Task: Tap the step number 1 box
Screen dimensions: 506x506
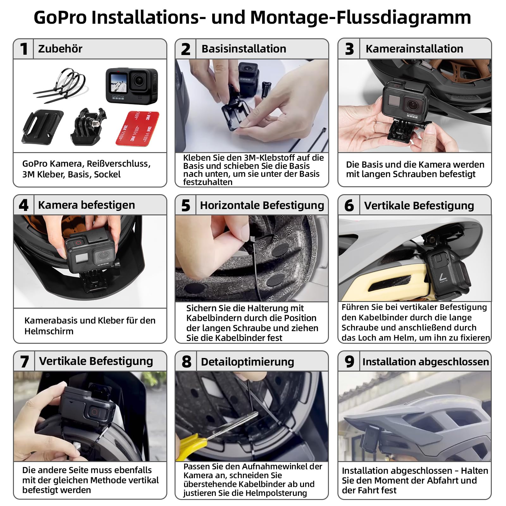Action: (23, 49)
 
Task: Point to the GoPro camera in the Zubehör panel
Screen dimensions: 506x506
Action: (132, 85)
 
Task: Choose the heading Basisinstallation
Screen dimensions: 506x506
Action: (244, 49)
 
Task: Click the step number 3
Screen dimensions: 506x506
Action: (349, 49)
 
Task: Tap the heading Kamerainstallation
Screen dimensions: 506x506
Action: (414, 49)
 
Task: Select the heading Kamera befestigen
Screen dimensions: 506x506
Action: (86, 205)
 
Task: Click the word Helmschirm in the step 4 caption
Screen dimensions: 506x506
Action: (49, 331)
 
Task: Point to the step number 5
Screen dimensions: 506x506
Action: (186, 205)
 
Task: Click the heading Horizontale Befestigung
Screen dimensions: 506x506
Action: (262, 205)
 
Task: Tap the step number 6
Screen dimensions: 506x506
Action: (349, 206)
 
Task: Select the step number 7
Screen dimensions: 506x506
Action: (24, 361)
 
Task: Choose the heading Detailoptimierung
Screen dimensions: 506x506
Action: (247, 361)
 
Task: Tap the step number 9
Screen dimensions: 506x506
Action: (349, 361)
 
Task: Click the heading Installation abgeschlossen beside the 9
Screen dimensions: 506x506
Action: (426, 361)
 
